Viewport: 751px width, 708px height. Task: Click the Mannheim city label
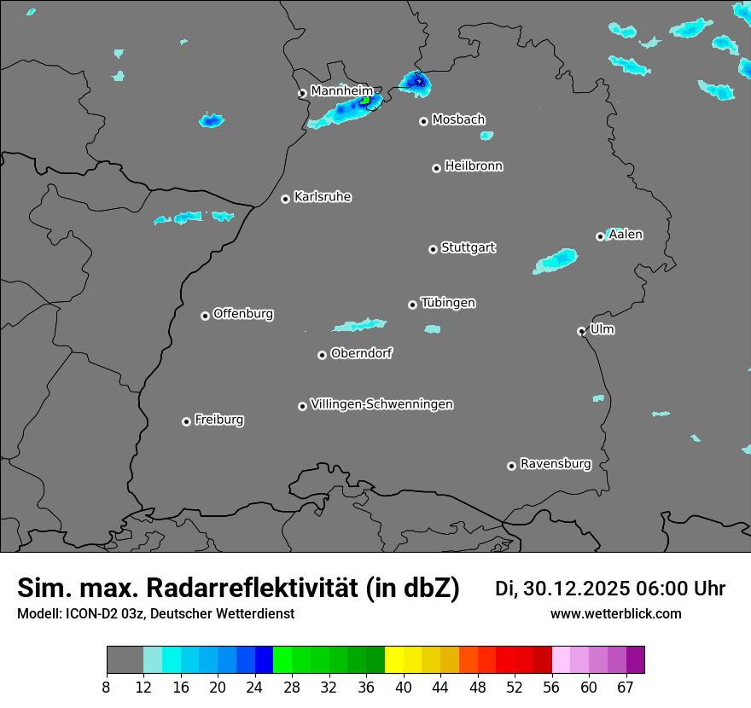(341, 90)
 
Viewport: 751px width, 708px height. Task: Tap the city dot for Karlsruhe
(286, 199)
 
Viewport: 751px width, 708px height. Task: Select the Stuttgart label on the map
(468, 247)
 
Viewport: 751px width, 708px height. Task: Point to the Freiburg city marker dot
(186, 421)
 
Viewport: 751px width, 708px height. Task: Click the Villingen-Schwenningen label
(381, 404)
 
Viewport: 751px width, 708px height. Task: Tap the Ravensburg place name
(555, 464)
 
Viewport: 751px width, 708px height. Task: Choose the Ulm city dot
(581, 331)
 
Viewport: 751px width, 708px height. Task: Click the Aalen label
(626, 235)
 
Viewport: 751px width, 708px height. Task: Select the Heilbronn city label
(474, 166)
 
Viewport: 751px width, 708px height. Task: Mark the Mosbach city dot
(423, 121)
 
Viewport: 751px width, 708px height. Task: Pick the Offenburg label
(243, 314)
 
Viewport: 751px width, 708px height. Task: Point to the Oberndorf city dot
(322, 355)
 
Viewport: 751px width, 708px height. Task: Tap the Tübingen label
(448, 303)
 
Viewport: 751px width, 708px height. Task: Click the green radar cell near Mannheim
(366, 101)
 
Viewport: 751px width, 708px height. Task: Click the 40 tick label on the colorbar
(404, 687)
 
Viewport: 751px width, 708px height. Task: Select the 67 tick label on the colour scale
(626, 687)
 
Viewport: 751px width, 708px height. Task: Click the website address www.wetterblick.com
(615, 613)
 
